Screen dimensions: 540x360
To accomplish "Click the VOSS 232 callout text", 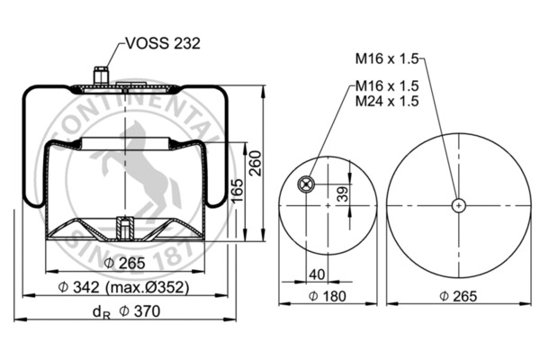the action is click(x=163, y=43).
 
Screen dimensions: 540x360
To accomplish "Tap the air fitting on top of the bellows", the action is click(x=101, y=76).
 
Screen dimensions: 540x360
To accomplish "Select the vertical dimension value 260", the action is click(x=256, y=163).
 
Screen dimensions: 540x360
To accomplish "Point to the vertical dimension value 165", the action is click(x=237, y=191).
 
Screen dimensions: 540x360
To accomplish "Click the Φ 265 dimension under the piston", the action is click(x=125, y=263).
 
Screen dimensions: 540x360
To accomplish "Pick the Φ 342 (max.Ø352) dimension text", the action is click(x=123, y=287).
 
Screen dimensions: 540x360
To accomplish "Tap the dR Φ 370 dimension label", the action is click(x=126, y=311).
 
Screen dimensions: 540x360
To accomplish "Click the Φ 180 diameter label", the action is click(x=328, y=296).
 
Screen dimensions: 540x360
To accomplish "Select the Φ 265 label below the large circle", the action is click(x=458, y=296).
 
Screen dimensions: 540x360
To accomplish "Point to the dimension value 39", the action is click(x=343, y=194).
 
